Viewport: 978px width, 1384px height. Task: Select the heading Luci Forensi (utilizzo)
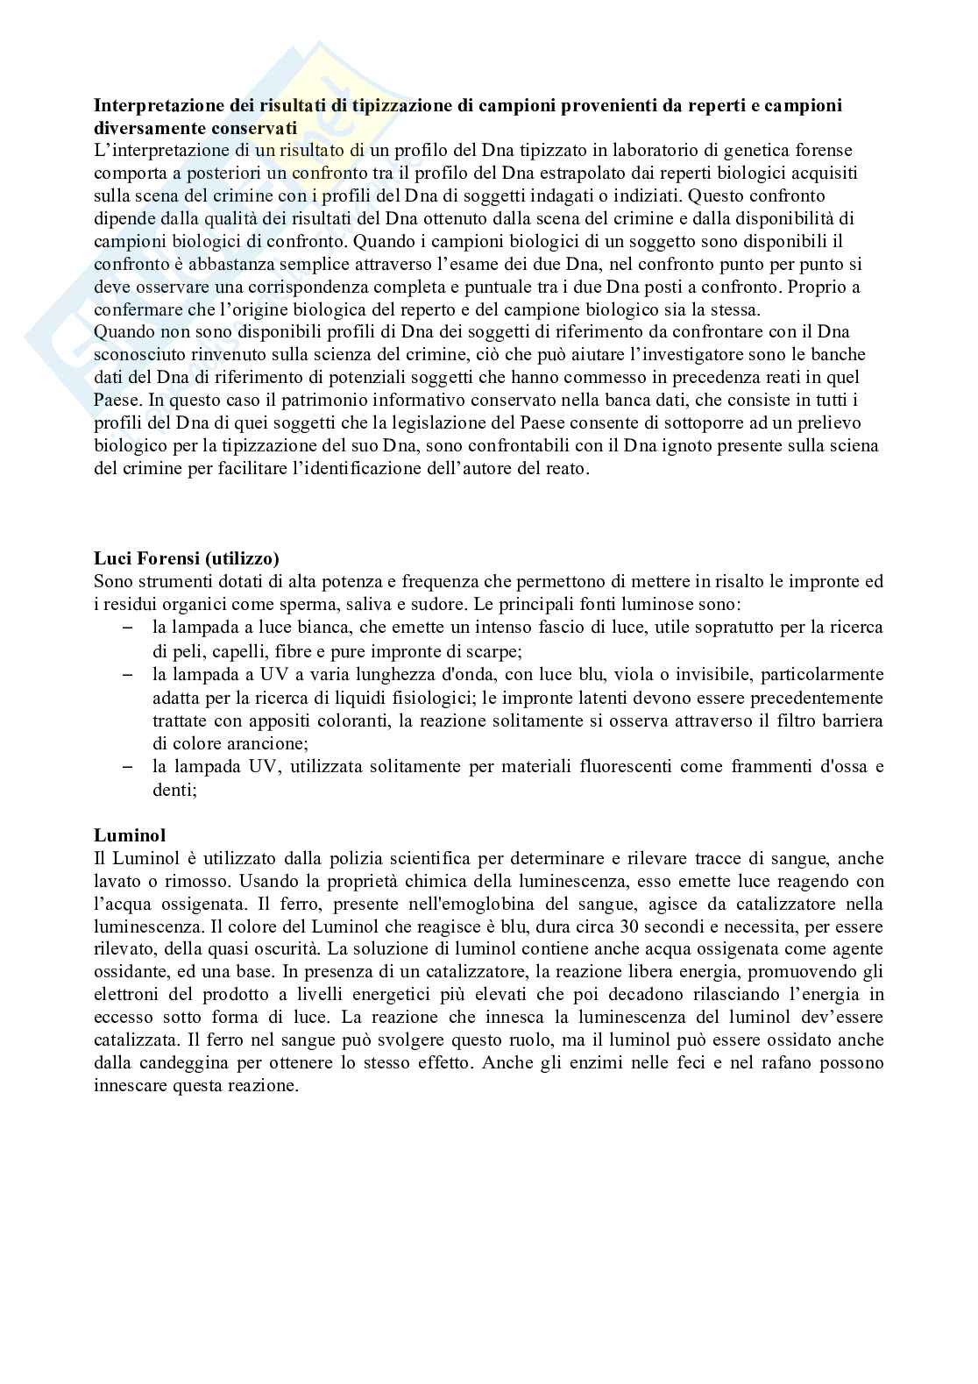tap(186, 559)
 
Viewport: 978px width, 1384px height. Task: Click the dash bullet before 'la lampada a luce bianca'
tap(127, 628)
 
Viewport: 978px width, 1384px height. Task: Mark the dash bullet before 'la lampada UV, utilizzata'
tap(127, 766)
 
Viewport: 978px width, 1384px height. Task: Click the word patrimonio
tap(285, 401)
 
